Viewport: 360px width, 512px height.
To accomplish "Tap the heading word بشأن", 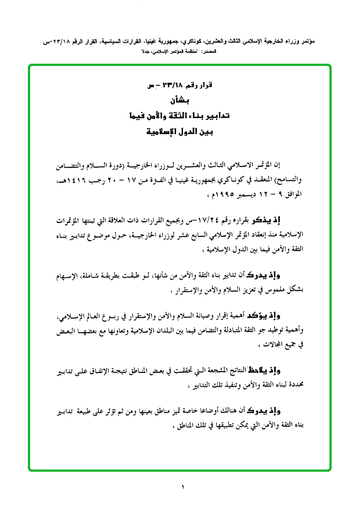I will (x=180, y=101).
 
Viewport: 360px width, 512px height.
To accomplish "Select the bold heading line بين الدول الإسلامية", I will (x=180, y=131).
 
